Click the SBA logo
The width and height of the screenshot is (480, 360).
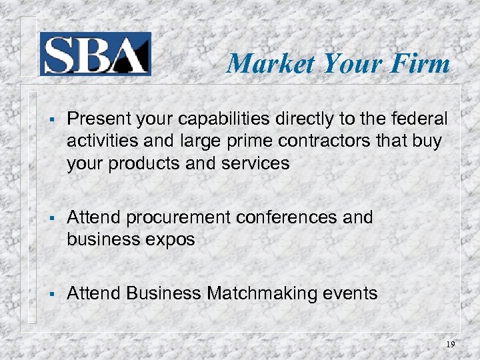pos(95,53)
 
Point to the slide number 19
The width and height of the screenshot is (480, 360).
pos(451,345)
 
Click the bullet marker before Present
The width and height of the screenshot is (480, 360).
pos(51,119)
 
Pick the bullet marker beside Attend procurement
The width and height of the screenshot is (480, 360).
pos(51,218)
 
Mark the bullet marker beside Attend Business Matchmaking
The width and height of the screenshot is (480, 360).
pos(51,294)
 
